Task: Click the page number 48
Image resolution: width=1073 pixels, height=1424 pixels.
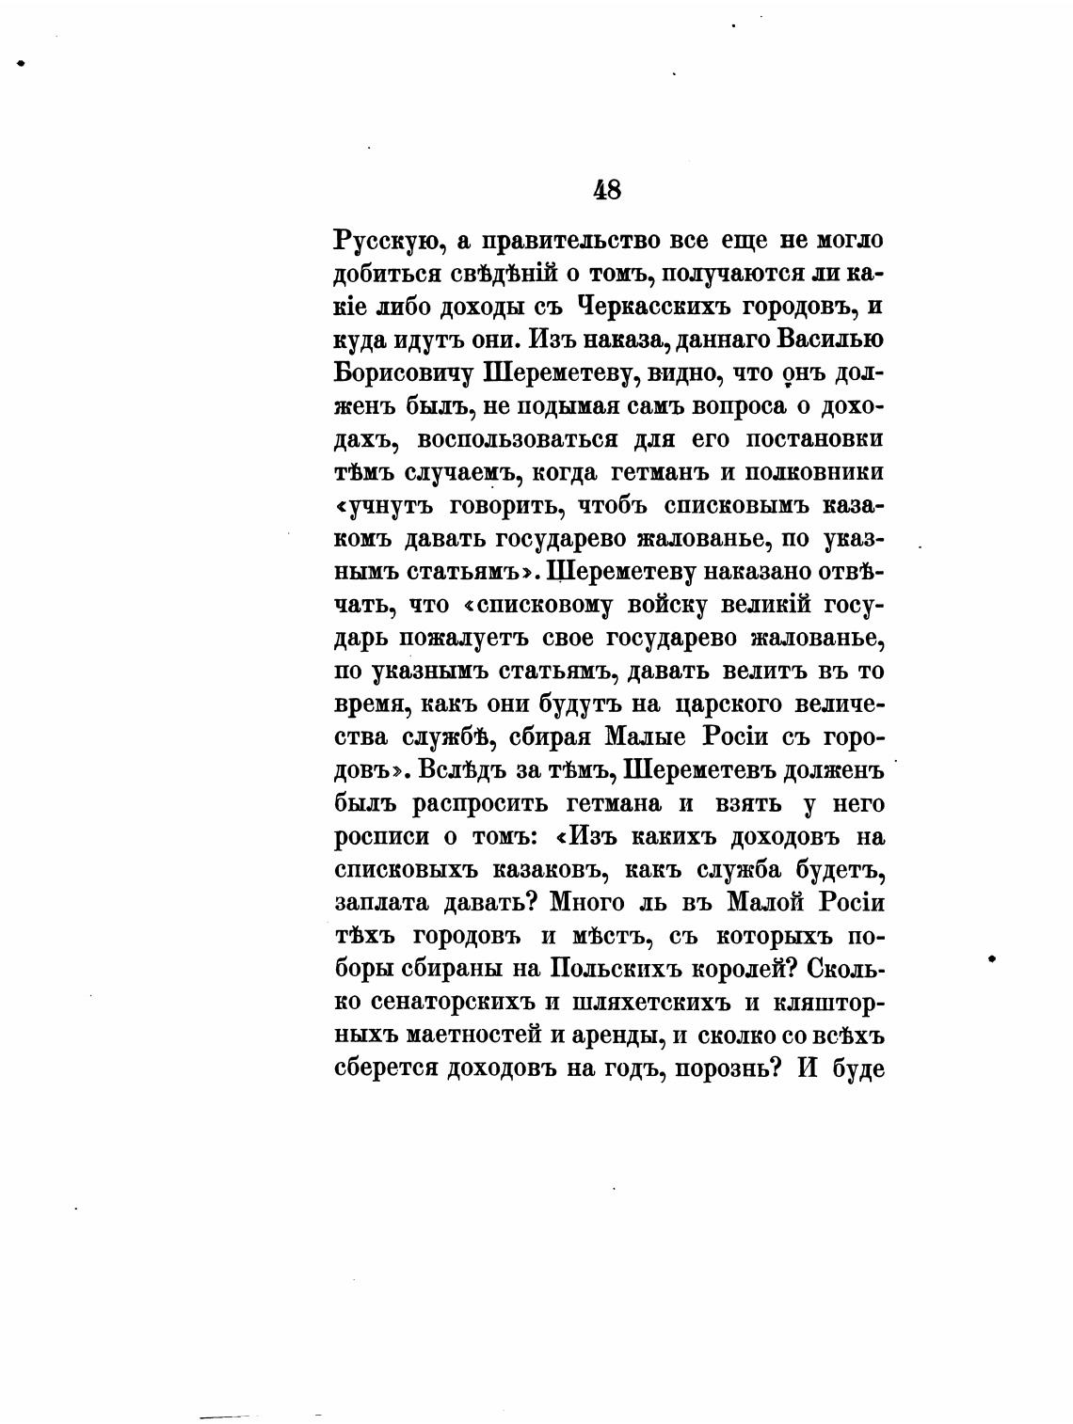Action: coord(607,190)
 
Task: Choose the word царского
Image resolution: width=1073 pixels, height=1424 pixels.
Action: coord(715,705)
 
